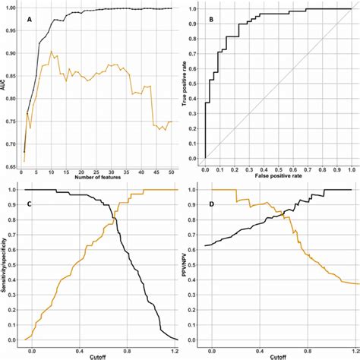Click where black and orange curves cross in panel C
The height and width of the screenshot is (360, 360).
115,219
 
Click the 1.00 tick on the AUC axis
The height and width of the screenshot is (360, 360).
13,8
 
